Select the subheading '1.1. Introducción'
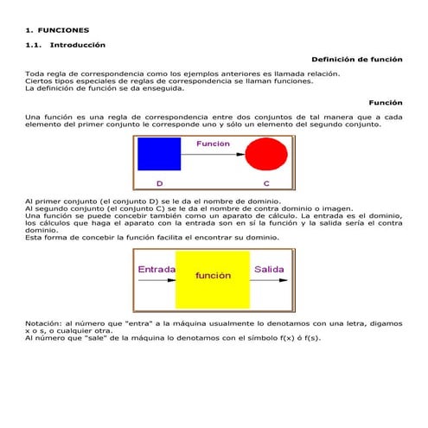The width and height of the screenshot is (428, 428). pos(66,44)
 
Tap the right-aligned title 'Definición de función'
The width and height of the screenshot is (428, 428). pos(356,60)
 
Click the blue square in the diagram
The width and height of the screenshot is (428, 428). pos(159,154)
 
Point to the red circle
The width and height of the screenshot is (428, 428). pos(265,155)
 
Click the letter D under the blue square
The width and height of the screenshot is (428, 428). pos(159,183)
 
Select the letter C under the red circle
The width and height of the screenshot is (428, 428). pos(266,183)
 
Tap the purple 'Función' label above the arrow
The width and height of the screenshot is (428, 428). pos(213,144)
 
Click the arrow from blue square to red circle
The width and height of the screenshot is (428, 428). pos(213,155)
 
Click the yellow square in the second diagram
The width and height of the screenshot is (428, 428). pos(212,279)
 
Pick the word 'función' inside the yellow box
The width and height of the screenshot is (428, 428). pos(213,276)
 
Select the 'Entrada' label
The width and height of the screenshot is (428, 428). pos(157,270)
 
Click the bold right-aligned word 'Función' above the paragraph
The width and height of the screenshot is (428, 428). pos(386,102)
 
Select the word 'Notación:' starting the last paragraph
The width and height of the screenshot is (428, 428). pos(45,323)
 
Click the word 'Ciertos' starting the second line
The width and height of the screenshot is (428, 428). pos(39,81)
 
